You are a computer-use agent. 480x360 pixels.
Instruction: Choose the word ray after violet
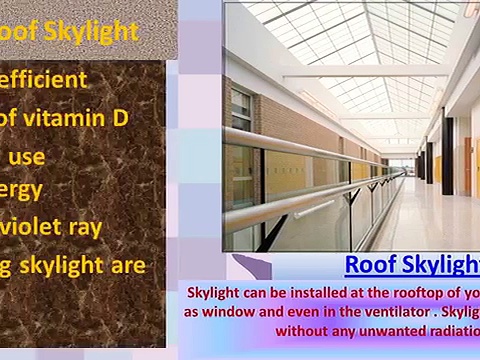tap(82, 227)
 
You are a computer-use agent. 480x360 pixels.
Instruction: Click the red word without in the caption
tap(301, 329)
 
